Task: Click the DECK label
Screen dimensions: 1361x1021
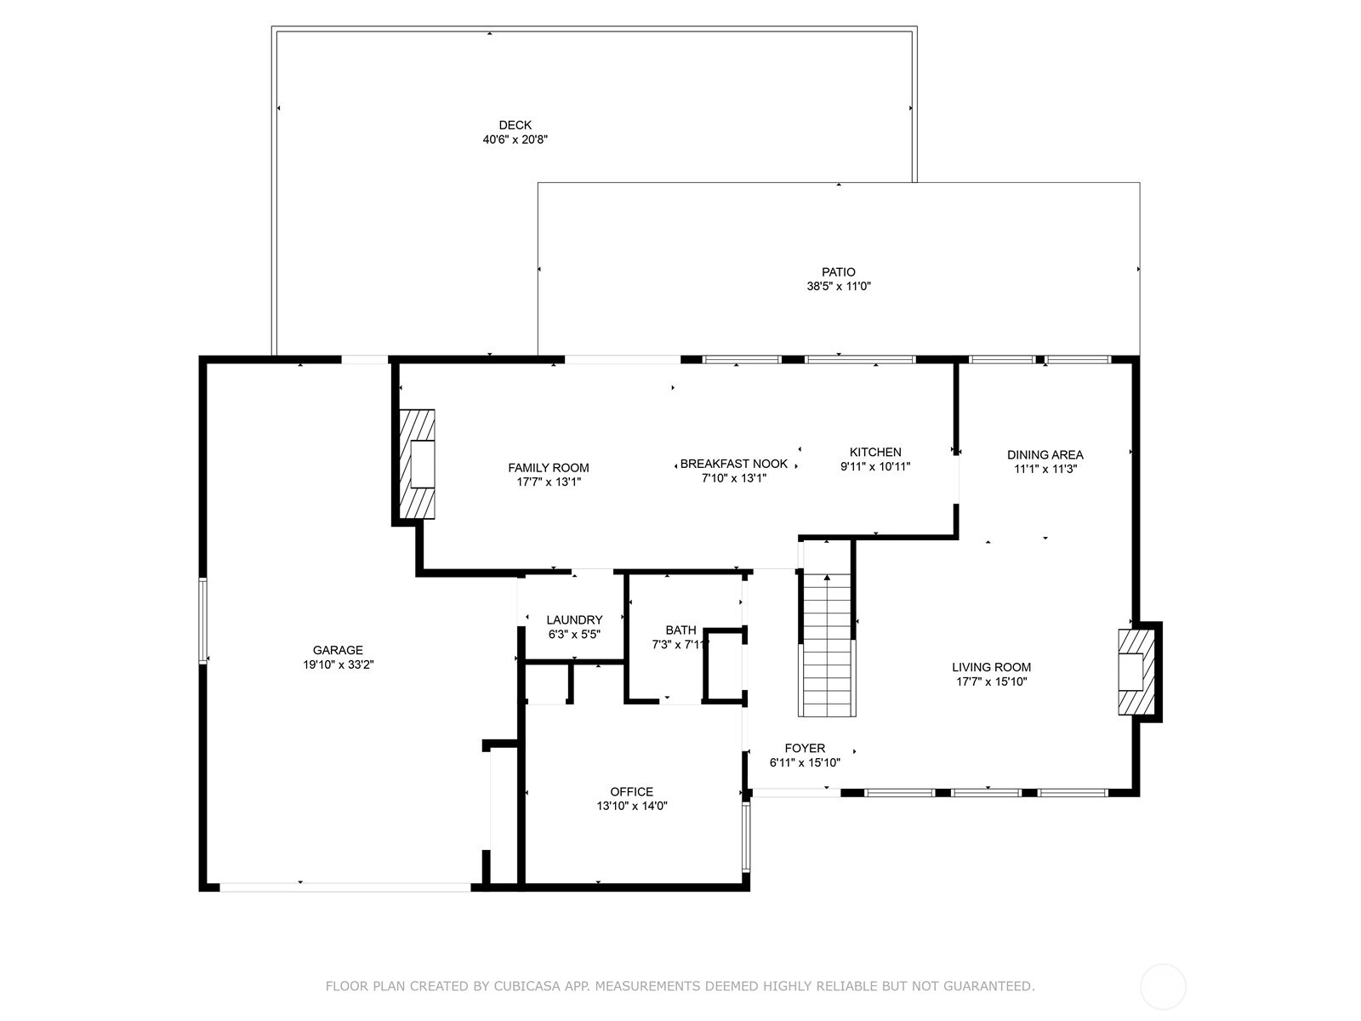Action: point(515,125)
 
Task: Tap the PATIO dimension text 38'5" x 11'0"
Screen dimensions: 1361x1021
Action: point(839,287)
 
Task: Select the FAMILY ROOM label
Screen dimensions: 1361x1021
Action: point(549,468)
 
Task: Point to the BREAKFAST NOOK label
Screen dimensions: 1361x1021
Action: point(734,464)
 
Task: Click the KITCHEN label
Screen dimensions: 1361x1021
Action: point(875,453)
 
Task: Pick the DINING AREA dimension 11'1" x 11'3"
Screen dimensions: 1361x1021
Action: point(1045,470)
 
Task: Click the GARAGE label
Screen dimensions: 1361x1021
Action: point(338,650)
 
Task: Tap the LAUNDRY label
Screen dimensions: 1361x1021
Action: point(575,620)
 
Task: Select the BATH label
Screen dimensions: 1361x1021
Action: point(680,630)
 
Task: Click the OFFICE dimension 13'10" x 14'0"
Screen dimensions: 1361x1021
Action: point(632,806)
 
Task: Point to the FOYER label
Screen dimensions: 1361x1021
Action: point(805,748)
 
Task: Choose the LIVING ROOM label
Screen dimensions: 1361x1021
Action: point(992,668)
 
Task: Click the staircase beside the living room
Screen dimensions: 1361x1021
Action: point(827,644)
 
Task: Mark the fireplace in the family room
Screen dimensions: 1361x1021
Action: point(417,465)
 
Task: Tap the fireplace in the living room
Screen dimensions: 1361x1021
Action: point(1136,672)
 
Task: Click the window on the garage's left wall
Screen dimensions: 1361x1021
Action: point(202,620)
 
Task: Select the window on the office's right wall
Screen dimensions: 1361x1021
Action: point(746,837)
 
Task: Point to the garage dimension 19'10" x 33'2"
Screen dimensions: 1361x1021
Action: point(338,665)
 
